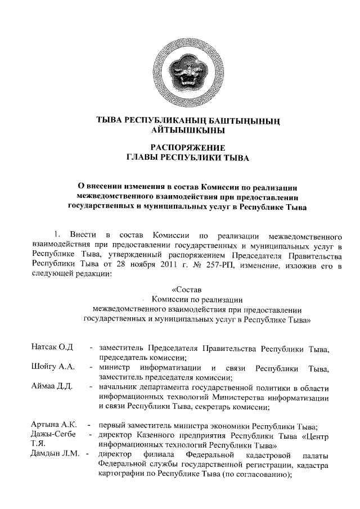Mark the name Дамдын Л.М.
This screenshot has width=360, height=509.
click(x=55, y=453)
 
